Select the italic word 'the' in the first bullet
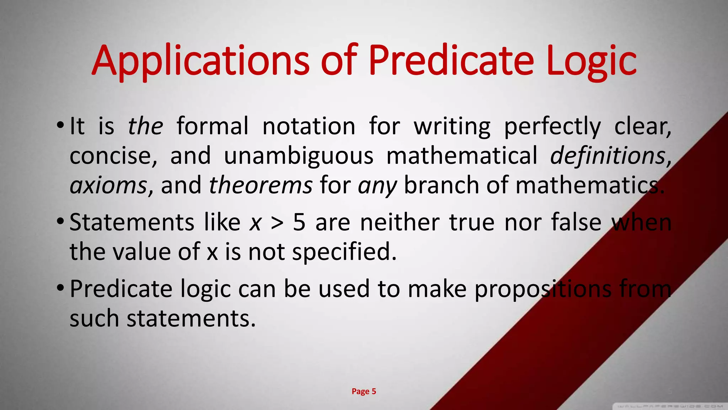click(145, 126)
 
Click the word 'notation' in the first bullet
click(309, 126)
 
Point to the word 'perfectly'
click(552, 127)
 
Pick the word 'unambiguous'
click(299, 156)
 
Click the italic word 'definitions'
click(608, 156)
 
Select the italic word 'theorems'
click(261, 186)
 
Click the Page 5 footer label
click(364, 391)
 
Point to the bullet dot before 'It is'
click(60, 126)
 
